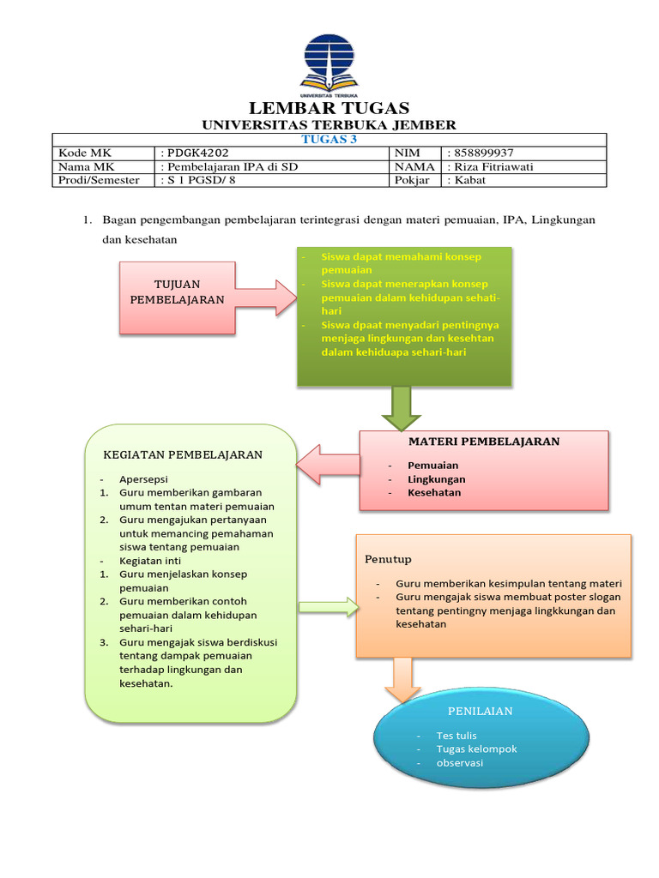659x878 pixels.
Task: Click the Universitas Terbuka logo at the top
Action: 329,61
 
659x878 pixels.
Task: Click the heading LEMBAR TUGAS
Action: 329,108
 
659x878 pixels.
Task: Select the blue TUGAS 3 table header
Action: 329,140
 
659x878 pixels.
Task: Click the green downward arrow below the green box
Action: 399,407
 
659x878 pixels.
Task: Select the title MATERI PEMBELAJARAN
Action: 483,442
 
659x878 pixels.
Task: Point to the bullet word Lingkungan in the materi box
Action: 437,479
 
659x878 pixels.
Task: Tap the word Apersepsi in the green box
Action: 144,478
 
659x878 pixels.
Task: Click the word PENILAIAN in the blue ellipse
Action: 481,711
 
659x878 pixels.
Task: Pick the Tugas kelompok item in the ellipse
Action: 476,749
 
